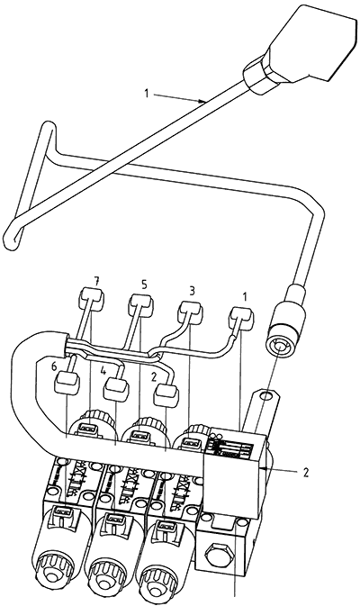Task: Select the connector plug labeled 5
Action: click(140, 302)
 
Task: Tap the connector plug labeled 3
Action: click(190, 311)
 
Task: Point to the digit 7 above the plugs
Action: click(95, 282)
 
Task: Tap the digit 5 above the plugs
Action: click(144, 285)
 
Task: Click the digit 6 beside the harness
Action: click(54, 366)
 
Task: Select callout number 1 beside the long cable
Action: click(147, 93)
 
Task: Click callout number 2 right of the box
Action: click(305, 473)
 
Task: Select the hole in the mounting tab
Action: click(264, 395)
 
